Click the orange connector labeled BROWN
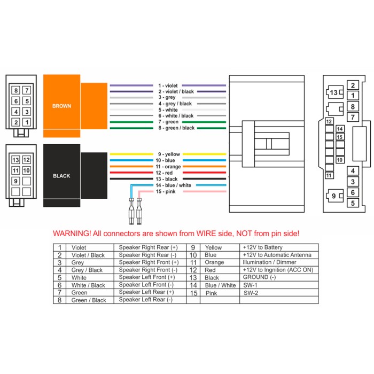(75, 106)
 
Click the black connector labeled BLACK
(75, 176)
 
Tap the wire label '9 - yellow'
(169, 154)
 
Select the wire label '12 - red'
(164, 173)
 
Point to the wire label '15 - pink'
(166, 191)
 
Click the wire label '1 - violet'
(168, 85)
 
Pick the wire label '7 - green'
(168, 122)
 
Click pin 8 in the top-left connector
(15, 90)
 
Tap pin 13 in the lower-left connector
(15, 160)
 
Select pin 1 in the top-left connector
(27, 122)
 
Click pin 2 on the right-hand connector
(353, 85)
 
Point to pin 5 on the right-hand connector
(353, 203)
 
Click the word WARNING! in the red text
(72, 233)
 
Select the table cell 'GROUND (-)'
(259, 277)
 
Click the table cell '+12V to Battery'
(263, 247)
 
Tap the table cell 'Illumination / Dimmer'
(269, 262)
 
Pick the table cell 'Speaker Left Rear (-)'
(145, 300)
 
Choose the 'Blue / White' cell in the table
(220, 285)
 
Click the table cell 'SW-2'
(251, 293)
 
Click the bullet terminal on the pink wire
(139, 212)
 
